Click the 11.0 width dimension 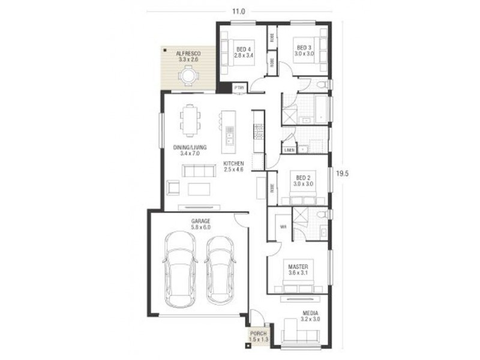[x=239, y=11]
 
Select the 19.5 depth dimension [x=342, y=174]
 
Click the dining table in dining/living [x=191, y=121]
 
